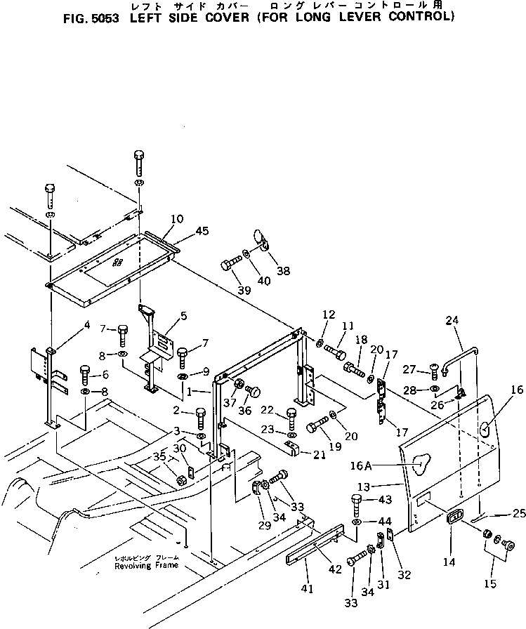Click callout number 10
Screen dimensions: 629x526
(x=177, y=219)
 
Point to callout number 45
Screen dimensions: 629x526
(x=202, y=231)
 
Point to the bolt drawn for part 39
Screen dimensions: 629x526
(x=228, y=265)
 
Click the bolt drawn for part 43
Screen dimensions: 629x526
(x=357, y=504)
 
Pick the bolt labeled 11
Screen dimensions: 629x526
(x=336, y=345)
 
